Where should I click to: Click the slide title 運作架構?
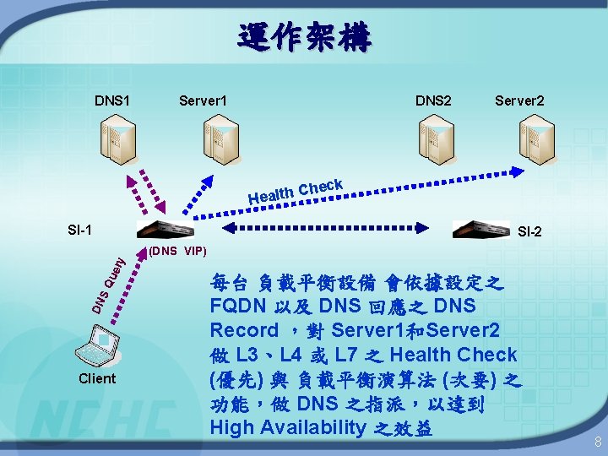pyautogui.click(x=304, y=38)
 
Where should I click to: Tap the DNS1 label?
pyautogui.click(x=112, y=101)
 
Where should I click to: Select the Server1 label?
pyautogui.click(x=203, y=101)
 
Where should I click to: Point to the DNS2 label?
pyautogui.click(x=433, y=101)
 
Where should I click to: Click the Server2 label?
pyautogui.click(x=519, y=101)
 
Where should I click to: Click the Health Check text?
pyautogui.click(x=295, y=192)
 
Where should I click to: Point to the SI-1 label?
pyautogui.click(x=80, y=229)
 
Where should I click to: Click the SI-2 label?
pyautogui.click(x=530, y=231)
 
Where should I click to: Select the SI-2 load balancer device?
pyautogui.click(x=480, y=230)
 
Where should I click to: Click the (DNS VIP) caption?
pyautogui.click(x=176, y=251)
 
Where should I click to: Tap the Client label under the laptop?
pyautogui.click(x=97, y=378)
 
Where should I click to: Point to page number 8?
pyautogui.click(x=596, y=442)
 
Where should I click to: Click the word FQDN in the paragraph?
pyautogui.click(x=237, y=306)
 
